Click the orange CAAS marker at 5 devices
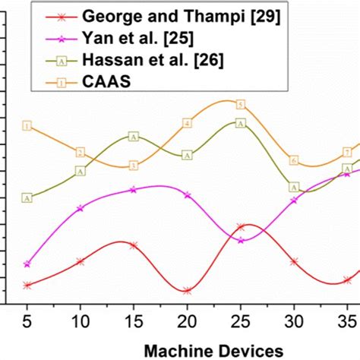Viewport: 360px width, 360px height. [27, 126]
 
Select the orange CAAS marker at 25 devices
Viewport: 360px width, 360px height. [240, 104]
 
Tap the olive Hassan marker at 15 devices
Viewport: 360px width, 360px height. [134, 137]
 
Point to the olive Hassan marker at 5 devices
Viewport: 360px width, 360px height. [27, 198]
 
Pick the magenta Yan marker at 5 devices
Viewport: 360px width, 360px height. [27, 264]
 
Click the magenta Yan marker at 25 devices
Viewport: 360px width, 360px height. [241, 240]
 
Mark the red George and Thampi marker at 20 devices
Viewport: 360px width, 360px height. [187, 290]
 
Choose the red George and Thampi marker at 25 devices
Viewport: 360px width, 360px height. [240, 226]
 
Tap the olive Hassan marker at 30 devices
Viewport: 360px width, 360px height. [294, 187]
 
